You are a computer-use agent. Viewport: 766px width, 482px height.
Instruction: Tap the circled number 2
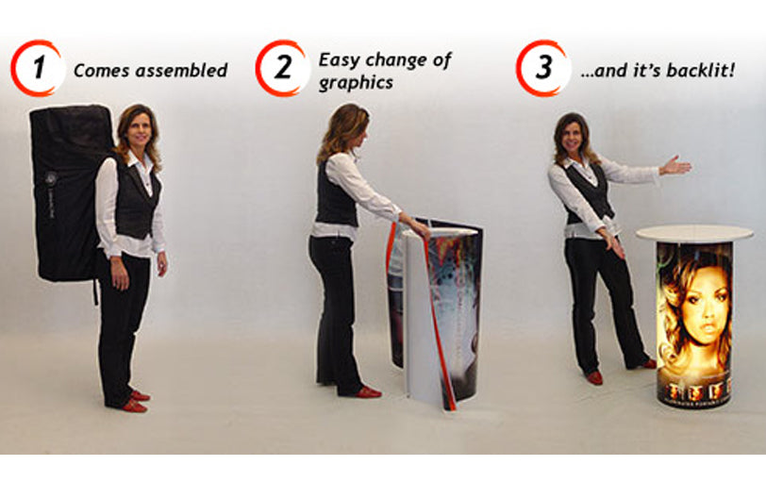282,68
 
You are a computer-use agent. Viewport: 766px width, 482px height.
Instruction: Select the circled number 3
542,68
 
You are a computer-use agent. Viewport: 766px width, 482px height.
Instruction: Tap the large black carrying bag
68,193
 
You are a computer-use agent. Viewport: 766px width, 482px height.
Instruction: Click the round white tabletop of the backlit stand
694,233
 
